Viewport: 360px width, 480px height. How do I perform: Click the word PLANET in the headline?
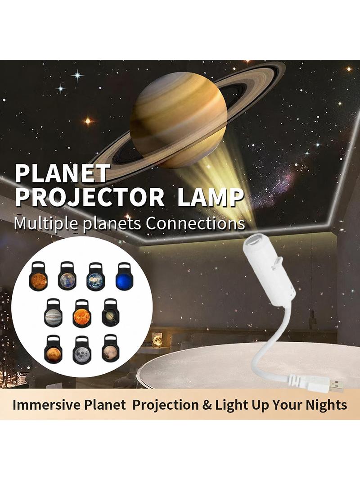[62, 173]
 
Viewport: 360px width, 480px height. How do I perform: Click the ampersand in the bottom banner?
[207, 405]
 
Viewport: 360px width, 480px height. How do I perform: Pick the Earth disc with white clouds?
[95, 281]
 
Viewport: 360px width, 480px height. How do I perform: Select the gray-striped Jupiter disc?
[53, 317]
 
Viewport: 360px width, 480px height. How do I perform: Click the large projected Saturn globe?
[179, 120]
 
